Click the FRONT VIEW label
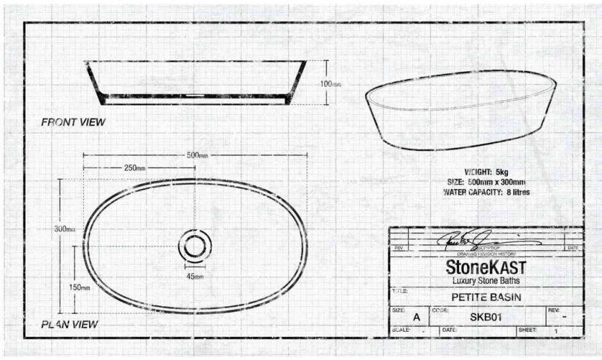[73, 122]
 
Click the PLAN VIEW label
[70, 324]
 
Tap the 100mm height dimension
[330, 84]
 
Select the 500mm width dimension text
[197, 155]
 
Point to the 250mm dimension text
[134, 168]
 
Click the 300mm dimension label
[65, 229]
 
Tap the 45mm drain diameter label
[195, 276]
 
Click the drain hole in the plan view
[195, 246]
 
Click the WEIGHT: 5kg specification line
[486, 172]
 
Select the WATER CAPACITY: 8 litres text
[486, 192]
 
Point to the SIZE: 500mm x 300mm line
[486, 183]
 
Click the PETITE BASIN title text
[486, 297]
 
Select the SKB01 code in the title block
[486, 316]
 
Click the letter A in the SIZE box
[417, 317]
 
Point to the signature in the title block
[487, 240]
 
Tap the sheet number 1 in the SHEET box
[556, 332]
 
